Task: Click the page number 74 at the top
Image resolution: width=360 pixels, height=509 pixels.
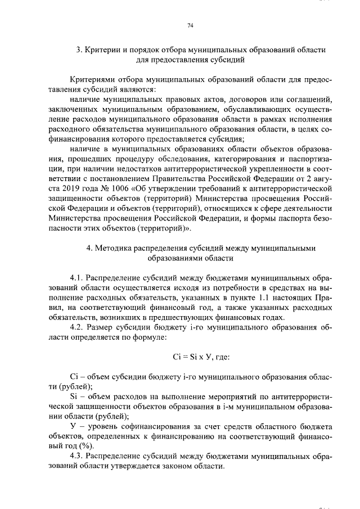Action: (x=190, y=25)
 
